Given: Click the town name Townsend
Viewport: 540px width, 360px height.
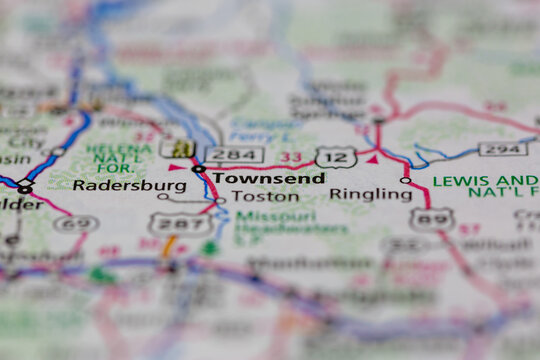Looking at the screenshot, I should [268, 178].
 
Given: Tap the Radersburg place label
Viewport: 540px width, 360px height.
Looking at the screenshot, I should [129, 185].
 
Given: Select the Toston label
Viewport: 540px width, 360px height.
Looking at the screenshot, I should [265, 197].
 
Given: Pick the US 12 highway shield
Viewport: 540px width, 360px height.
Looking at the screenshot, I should [335, 156].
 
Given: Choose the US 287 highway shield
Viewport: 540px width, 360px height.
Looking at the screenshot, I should [172, 224].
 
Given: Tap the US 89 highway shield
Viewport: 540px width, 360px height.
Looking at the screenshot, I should [431, 219].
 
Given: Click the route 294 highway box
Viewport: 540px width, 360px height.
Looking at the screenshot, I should [502, 148].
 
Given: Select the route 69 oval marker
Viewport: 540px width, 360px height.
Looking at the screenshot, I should [75, 223].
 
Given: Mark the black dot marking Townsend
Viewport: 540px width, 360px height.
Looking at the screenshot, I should [199, 169].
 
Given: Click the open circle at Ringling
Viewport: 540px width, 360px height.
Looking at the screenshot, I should [405, 181].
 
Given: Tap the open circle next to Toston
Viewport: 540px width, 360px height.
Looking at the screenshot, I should [220, 201].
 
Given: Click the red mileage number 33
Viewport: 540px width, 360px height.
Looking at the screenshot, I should [290, 157].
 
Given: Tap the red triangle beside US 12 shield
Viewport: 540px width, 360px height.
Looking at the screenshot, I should [372, 158].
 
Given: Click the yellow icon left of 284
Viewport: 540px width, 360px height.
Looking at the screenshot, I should [182, 148].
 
